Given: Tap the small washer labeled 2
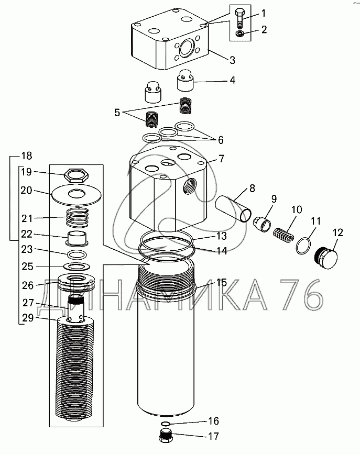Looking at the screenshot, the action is (x=240, y=34).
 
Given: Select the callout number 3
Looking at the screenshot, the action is (x=232, y=60).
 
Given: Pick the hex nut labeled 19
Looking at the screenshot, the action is (x=77, y=175).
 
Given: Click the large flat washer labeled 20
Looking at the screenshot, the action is (x=76, y=194).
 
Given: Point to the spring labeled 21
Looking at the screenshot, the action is (x=77, y=218).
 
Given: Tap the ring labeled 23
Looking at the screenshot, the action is (x=77, y=255).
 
